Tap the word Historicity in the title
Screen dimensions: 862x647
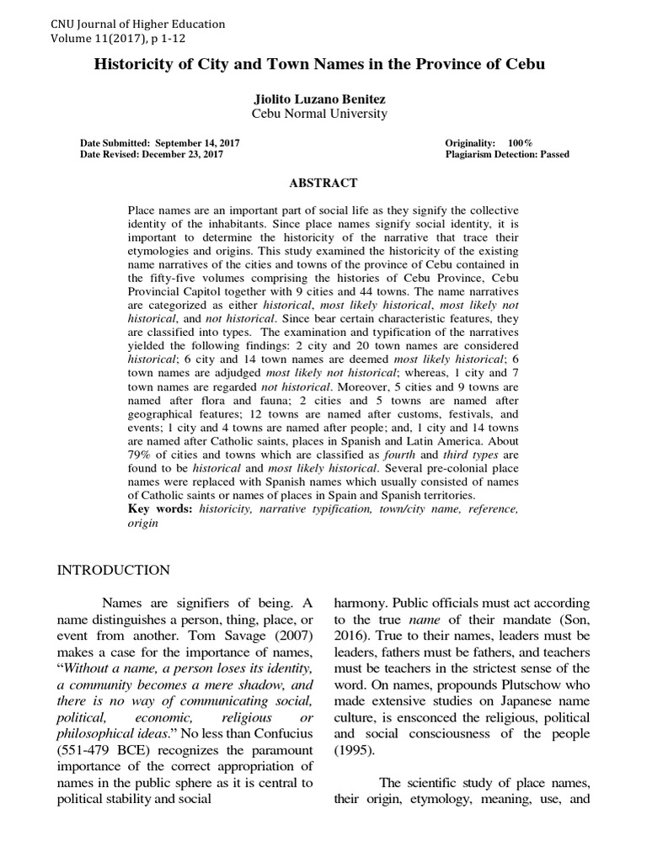pos(139,64)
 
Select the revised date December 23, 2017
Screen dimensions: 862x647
pos(193,155)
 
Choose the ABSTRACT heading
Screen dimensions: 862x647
pos(323,183)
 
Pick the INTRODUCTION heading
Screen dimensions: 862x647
pos(113,571)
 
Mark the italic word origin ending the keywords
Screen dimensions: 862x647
pos(142,523)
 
